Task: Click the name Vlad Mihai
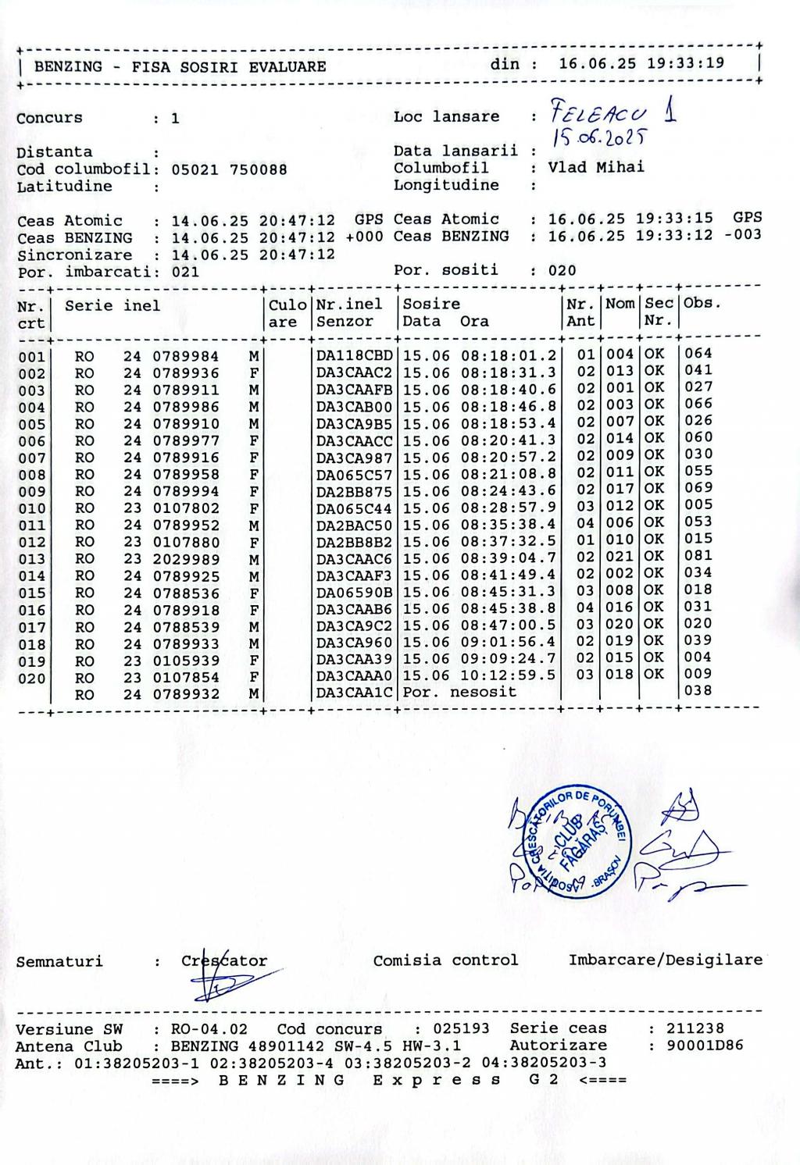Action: coord(596,167)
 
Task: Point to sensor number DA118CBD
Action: coord(355,356)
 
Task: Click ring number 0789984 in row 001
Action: coord(185,357)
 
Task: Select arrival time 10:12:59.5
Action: coord(508,675)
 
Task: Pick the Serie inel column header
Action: coord(112,306)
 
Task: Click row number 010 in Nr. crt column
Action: coord(31,509)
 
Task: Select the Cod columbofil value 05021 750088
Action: coord(229,169)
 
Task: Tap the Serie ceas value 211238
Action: coord(695,1028)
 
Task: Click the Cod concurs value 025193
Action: coord(462,1029)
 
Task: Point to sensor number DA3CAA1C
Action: coord(355,693)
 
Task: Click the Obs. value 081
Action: coord(698,556)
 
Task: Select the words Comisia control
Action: coord(445,960)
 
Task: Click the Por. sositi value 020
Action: coord(562,271)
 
